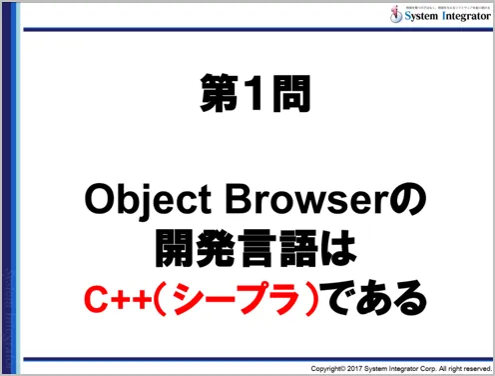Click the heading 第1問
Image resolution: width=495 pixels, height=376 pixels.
248,96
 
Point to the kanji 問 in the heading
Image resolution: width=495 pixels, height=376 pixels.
287,96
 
